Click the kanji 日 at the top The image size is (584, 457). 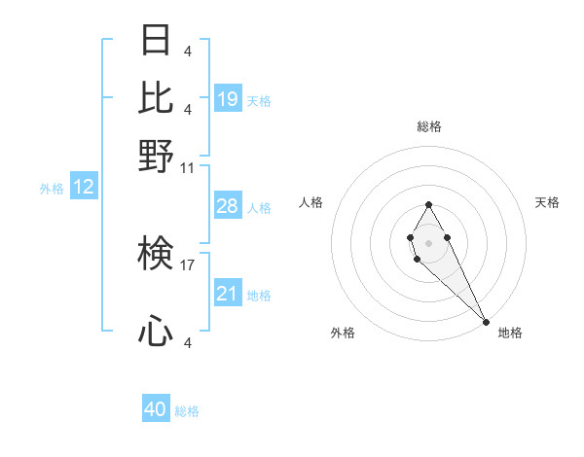[156, 40]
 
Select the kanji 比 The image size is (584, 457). [156, 98]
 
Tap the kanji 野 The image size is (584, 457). [156, 157]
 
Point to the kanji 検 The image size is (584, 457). [156, 254]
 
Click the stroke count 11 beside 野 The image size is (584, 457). [188, 167]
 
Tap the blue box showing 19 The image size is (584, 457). [228, 99]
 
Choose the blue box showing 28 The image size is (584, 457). [228, 206]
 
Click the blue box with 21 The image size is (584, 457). [228, 294]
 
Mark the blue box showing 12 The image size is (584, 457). [84, 188]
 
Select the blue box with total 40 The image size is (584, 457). [156, 409]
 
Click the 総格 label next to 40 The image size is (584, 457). [187, 411]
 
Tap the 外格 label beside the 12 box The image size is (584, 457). [52, 189]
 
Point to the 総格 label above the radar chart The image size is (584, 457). [428, 126]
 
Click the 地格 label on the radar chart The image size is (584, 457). [510, 333]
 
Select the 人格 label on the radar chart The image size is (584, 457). [311, 202]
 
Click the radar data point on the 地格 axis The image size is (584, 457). [486, 321]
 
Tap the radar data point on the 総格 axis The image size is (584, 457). [428, 204]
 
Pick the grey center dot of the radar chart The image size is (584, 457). [428, 241]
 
